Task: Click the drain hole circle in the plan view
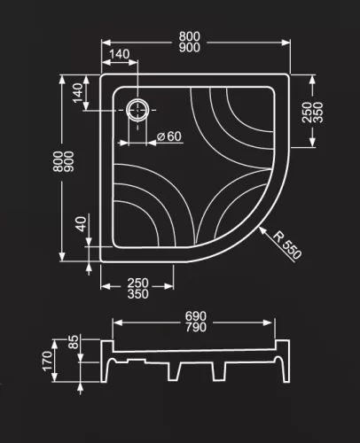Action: [138, 109]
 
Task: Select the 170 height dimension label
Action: [48, 361]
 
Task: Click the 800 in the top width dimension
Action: [189, 36]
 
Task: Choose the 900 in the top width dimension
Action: [189, 50]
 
